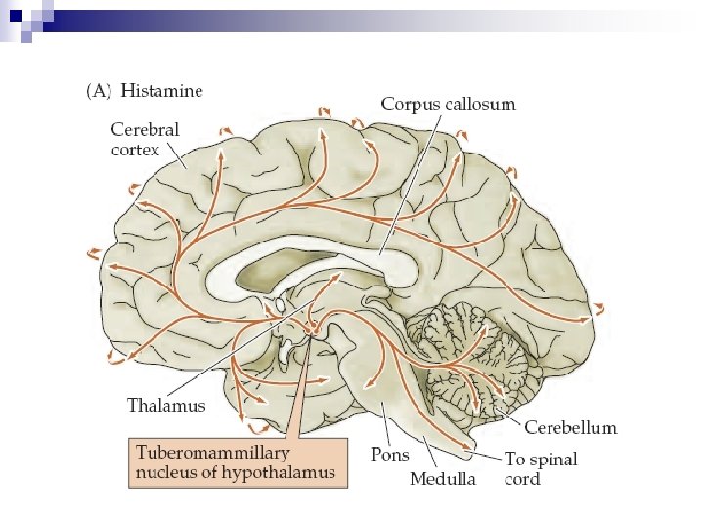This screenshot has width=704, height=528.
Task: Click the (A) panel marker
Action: (101, 91)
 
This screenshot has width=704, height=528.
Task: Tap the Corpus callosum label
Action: (448, 103)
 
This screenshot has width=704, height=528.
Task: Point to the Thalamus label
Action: (167, 404)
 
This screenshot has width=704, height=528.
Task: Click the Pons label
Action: (390, 455)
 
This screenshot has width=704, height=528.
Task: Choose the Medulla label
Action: (443, 479)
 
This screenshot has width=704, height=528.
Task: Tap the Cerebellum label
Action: (571, 428)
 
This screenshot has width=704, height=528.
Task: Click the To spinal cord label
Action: (541, 468)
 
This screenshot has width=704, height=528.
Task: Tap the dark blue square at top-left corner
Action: (13, 13)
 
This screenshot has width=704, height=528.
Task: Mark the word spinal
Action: (553, 459)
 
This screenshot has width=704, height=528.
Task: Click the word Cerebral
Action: (144, 129)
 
